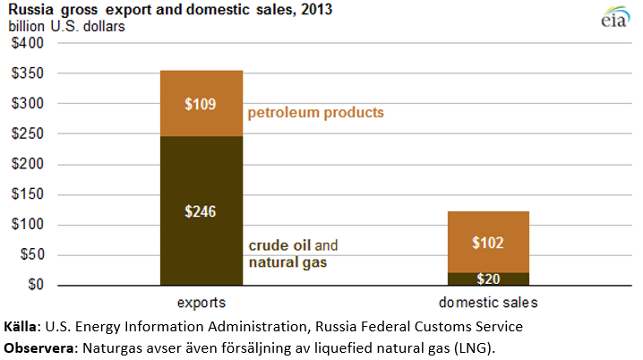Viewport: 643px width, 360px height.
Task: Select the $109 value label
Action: [201, 104]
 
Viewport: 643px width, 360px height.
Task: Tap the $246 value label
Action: [201, 212]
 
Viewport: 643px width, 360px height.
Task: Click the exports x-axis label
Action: [201, 303]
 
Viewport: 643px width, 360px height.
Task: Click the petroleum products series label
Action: [314, 113]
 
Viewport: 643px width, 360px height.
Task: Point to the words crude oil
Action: [279, 245]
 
